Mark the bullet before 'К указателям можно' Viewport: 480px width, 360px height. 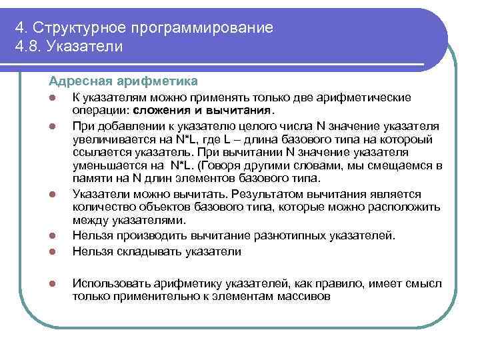click(51, 97)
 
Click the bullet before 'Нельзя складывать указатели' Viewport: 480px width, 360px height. click(51, 251)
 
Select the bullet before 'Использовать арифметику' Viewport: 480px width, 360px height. click(51, 283)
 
